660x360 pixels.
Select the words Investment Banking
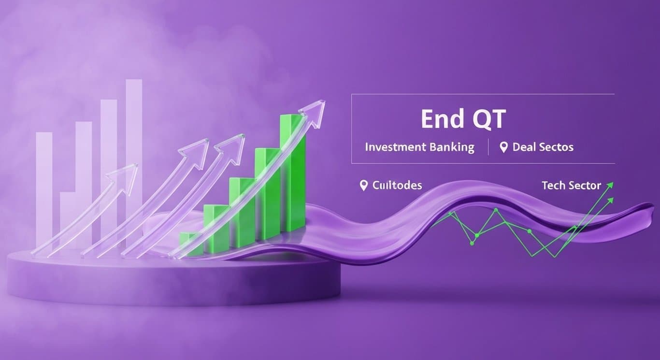419,147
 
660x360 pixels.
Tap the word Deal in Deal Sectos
524,147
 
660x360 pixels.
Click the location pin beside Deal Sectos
503,147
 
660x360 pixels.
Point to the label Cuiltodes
397,185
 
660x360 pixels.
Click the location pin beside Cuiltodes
364,185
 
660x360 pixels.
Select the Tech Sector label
571,185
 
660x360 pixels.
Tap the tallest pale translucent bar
134,145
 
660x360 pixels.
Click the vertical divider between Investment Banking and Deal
488,147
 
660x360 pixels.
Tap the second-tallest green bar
270,193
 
